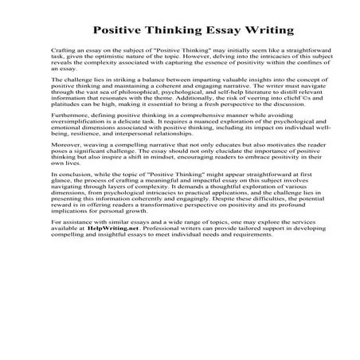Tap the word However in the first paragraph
click(x=209, y=57)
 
